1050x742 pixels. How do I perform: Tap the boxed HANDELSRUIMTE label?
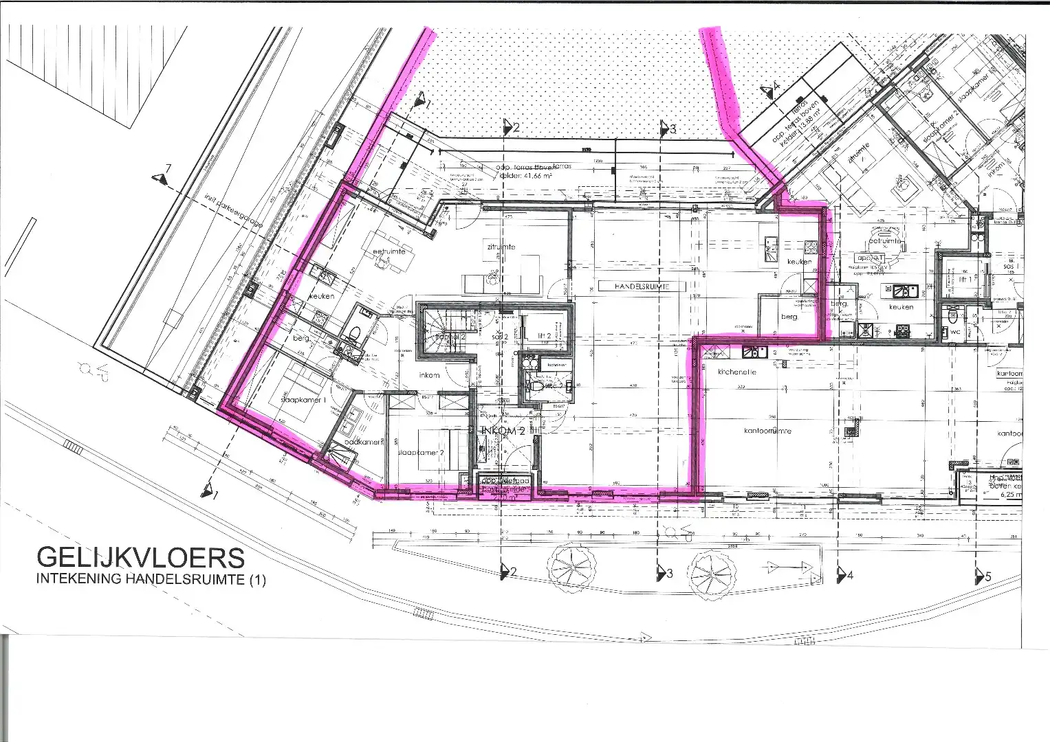point(633,286)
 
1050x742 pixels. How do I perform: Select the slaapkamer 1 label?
point(303,399)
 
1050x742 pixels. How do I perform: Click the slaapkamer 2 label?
point(420,454)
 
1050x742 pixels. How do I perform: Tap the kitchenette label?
point(737,372)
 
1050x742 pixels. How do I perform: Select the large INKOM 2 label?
point(503,431)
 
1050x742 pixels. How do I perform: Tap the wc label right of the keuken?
point(955,331)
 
